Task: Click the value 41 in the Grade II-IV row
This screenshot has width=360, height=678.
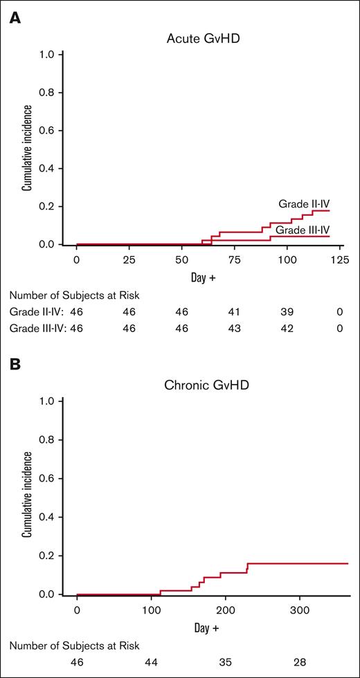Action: (234, 313)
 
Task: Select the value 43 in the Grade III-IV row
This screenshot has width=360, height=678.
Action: (234, 329)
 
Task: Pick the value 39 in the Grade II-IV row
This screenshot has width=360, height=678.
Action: (287, 313)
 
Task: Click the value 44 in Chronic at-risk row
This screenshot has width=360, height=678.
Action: (151, 662)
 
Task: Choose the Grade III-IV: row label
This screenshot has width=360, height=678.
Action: (38, 329)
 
